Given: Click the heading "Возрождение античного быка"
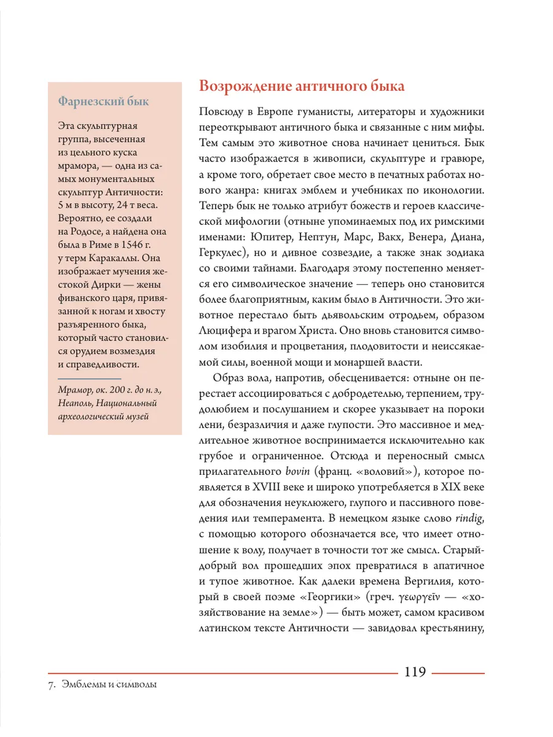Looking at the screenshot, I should coord(302,86).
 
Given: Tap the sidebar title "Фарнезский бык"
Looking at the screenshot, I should coord(103,101).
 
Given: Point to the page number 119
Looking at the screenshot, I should coord(415,671).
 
